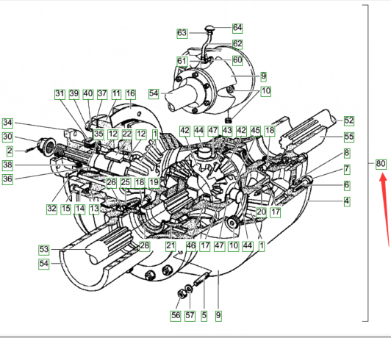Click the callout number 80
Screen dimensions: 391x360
381,164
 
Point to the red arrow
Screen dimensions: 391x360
384,210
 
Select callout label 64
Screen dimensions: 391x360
237,28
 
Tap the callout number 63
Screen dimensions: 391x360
182,33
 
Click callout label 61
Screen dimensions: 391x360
182,61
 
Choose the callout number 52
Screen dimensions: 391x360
348,121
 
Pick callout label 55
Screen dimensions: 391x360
348,137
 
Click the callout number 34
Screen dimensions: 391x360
7,123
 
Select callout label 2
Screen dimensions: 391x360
10,151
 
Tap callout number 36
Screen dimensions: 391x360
7,179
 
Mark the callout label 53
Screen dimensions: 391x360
44,250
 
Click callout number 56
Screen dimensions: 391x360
176,316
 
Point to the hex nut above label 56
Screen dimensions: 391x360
182,294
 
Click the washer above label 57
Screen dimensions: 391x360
190,289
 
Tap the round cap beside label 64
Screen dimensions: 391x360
209,28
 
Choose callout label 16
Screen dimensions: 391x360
130,94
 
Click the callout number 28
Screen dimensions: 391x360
144,246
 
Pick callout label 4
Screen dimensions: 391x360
347,201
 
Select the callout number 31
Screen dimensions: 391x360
60,94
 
